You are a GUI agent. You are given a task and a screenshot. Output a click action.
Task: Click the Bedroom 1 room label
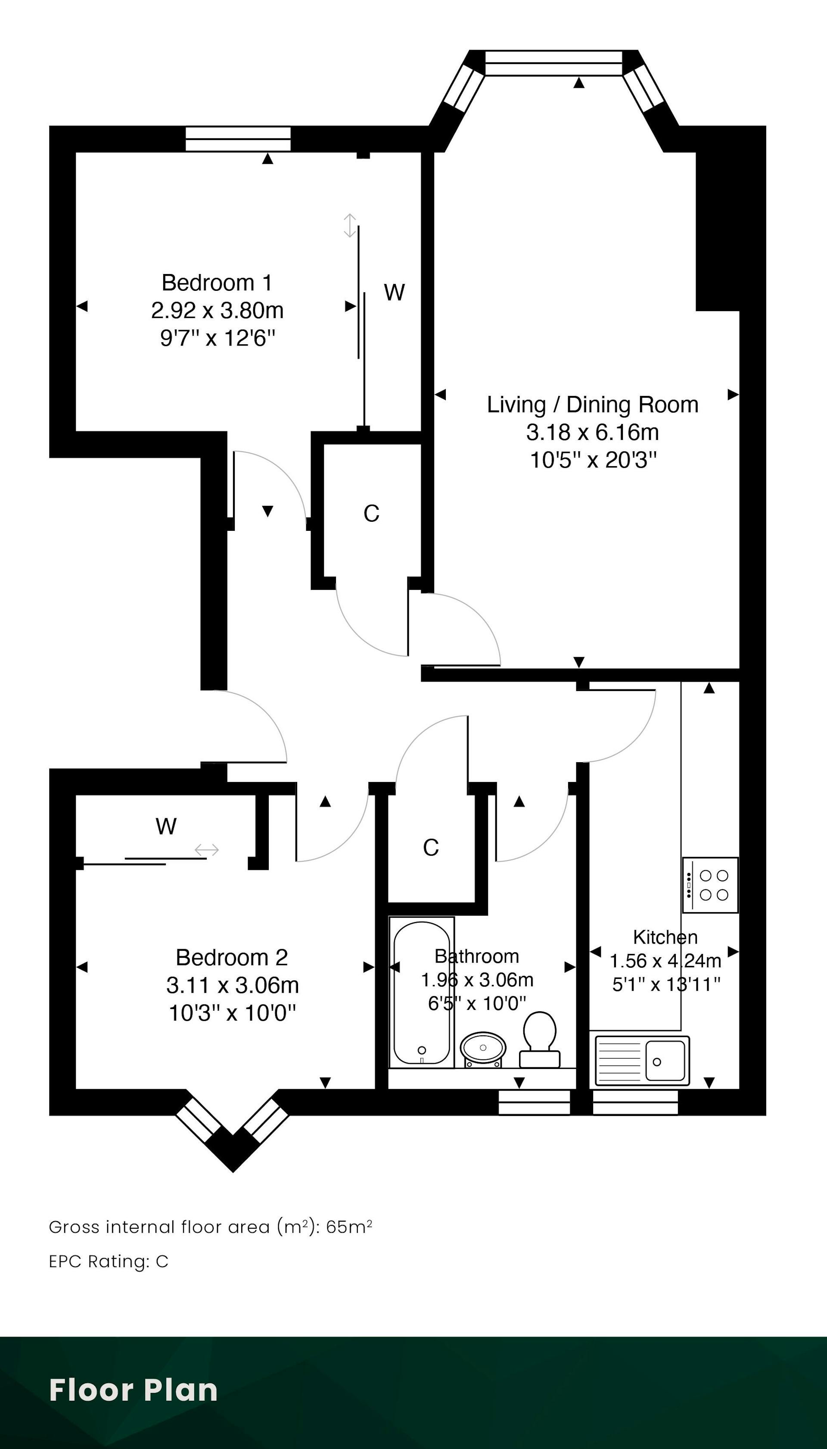[217, 282]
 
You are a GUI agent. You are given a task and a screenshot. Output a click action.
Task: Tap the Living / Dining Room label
[592, 405]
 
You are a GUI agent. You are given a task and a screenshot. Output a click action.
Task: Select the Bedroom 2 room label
[232, 957]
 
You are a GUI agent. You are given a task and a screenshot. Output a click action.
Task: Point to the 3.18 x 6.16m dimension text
[592, 432]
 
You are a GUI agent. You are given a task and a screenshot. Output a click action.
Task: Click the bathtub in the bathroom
[421, 992]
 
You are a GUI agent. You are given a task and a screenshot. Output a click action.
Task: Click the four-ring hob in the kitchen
[711, 885]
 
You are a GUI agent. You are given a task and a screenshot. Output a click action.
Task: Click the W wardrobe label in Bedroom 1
[394, 293]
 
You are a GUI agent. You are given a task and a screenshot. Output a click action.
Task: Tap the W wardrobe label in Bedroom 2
[166, 826]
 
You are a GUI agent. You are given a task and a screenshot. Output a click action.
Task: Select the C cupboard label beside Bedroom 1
[371, 514]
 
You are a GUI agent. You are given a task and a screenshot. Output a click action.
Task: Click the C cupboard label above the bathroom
[431, 848]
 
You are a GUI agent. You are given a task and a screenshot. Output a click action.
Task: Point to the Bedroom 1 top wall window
[239, 139]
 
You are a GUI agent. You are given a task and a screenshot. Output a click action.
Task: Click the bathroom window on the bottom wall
[534, 1102]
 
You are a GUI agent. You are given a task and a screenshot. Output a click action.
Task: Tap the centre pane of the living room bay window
[554, 62]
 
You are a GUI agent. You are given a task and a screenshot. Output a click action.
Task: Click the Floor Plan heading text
[134, 1390]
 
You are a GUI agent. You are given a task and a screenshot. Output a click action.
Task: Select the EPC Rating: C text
[109, 1262]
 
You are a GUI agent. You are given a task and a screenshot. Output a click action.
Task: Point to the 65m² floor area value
[349, 1227]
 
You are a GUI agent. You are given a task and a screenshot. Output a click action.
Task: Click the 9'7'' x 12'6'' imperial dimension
[218, 338]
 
